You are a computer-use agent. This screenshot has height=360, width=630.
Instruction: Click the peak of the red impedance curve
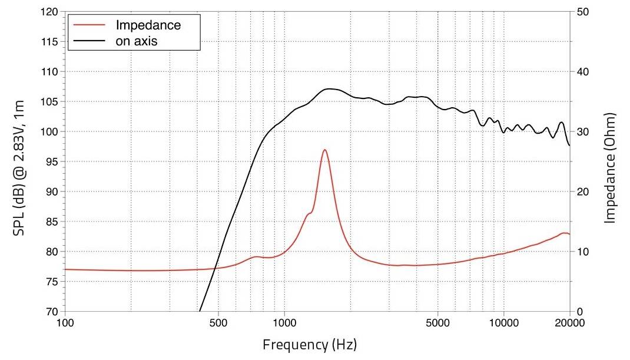point(324,150)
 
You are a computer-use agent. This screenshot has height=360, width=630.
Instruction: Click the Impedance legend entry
point(148,25)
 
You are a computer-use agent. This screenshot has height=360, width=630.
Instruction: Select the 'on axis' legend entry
point(137,41)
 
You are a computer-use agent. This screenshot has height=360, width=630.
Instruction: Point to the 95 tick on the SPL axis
point(52,161)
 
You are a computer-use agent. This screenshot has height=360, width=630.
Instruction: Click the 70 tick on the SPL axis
point(52,311)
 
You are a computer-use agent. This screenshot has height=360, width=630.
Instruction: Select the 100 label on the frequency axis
point(65,323)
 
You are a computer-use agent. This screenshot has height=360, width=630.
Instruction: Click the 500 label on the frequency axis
point(218,323)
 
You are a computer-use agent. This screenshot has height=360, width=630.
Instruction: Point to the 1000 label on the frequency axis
point(284,323)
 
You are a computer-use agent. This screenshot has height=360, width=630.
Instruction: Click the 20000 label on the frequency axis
point(569,323)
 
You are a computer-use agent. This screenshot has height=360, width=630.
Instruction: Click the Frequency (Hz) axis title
point(309,344)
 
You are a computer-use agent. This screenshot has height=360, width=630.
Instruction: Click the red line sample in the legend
point(90,25)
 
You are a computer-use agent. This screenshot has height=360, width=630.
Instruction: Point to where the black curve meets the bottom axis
point(200,311)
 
